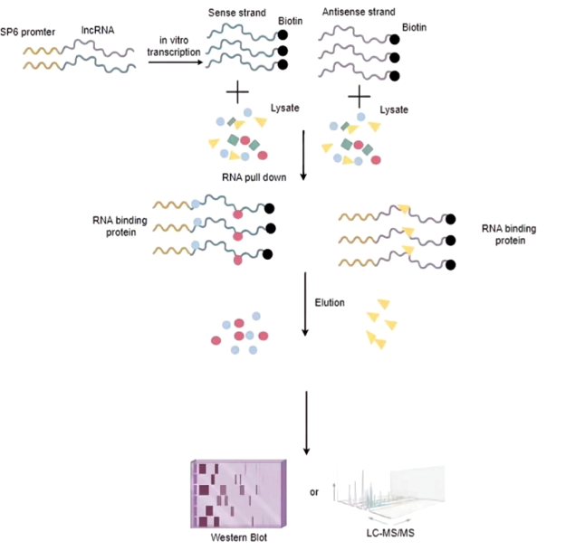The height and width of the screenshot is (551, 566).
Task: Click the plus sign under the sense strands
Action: coord(236,93)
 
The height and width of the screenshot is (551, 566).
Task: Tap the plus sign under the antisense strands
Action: coord(360,95)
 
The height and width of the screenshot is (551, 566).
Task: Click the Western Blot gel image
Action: coord(239,493)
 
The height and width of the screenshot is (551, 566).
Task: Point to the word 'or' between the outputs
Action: coord(314,493)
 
